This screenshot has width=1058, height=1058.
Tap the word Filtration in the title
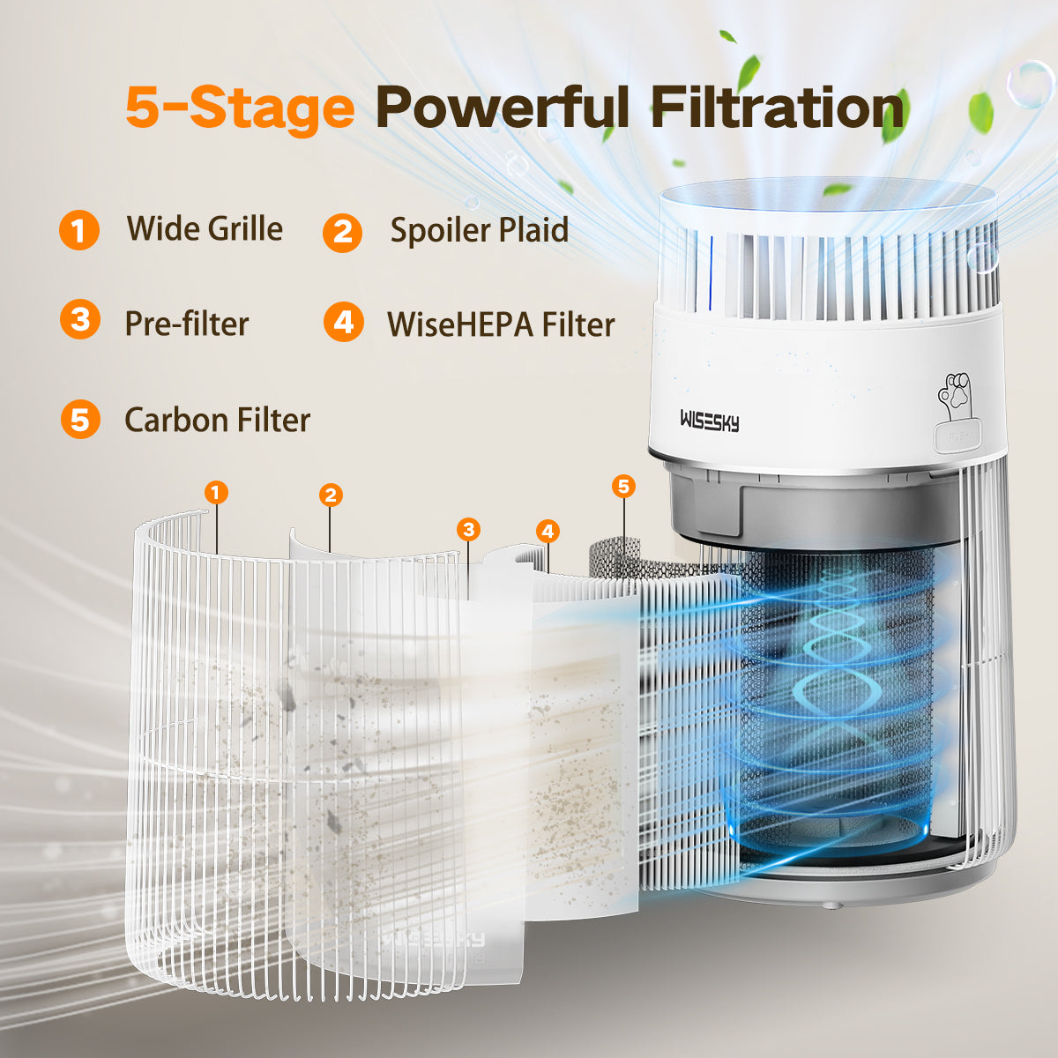pos(778,107)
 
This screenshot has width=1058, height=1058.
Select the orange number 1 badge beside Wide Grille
pos(79,230)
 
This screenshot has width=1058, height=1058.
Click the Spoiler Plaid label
pos(480,230)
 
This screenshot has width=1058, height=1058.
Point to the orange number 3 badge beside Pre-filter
pos(80,319)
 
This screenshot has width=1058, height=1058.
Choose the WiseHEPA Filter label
pos(501,324)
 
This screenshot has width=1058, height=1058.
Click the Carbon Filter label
pos(218,420)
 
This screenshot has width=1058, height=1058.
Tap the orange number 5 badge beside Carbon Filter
pos(80,420)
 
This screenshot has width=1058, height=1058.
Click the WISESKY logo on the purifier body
pos(710,421)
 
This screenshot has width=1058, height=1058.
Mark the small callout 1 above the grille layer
pos(216,493)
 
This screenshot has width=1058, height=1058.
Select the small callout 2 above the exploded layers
pos(331,495)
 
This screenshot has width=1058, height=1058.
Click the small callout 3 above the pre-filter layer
pos(468,530)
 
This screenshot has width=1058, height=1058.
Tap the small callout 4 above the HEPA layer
pos(548,532)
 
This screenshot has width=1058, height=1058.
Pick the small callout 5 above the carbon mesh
pos(623,487)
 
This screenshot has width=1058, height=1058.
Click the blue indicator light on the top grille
pos(712,272)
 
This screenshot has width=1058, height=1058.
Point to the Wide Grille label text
pos(205,228)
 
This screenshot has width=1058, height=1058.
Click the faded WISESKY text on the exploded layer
pos(434,938)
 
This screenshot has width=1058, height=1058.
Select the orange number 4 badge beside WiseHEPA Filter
pos(344,322)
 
